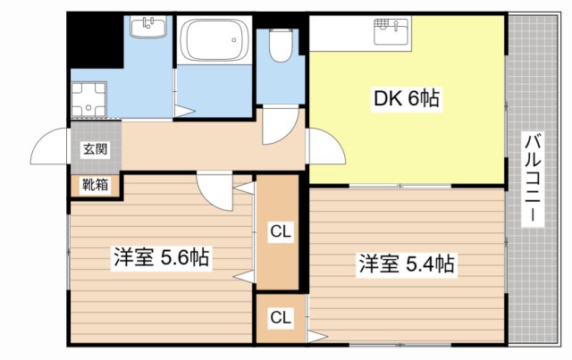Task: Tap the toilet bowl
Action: coord(281,45)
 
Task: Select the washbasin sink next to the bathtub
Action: coord(148,27)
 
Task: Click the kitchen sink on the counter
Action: coord(391,30)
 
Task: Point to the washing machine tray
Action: coord(88,99)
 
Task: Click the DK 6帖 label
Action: coord(406,98)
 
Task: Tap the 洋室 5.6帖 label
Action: coord(161,258)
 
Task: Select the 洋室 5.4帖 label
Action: coord(407,264)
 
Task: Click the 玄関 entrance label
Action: coord(96,149)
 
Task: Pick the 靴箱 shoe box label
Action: coord(95,185)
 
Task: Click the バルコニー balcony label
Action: coord(533,179)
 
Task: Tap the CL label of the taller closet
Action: coord(281,231)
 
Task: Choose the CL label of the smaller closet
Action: coord(281,317)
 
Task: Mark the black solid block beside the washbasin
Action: coord(97,40)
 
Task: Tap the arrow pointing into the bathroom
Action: coord(185,112)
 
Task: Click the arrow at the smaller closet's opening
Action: coord(316,336)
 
